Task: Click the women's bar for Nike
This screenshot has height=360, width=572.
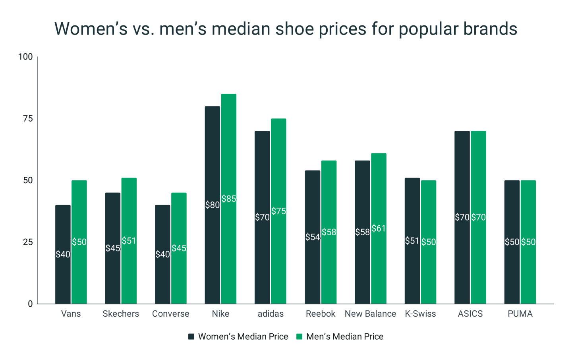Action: (212, 159)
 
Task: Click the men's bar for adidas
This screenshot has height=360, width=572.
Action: (278, 167)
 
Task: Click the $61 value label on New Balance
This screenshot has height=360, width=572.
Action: (379, 228)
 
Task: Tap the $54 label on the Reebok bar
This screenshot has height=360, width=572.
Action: (313, 237)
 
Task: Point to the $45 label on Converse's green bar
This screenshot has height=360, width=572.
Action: (179, 248)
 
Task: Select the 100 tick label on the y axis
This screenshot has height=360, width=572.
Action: (25, 57)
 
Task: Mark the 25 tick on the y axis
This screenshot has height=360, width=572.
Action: (28, 242)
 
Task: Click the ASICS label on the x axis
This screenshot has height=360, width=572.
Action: (470, 314)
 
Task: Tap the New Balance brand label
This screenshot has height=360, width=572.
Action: (370, 314)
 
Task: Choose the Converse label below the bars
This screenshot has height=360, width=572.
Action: (170, 314)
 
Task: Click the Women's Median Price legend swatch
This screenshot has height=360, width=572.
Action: (191, 337)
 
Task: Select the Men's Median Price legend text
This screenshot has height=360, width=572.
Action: (345, 337)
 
